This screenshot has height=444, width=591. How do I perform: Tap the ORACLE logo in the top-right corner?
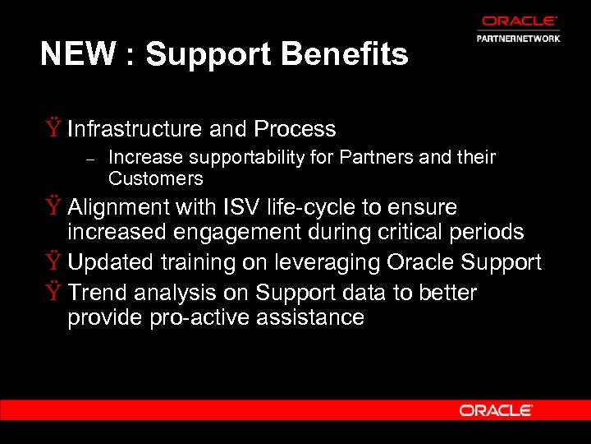[520, 21]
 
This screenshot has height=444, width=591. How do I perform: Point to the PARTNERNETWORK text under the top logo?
[519, 38]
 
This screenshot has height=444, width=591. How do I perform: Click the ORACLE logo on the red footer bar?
[496, 410]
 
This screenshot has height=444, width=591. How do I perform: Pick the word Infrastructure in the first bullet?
[135, 129]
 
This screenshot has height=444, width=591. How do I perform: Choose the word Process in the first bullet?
[295, 129]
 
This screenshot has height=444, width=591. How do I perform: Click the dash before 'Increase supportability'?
[92, 158]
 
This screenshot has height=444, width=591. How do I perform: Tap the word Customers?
[155, 178]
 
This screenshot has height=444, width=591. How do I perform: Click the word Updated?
[111, 262]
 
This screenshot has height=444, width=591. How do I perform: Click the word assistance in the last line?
[313, 318]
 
